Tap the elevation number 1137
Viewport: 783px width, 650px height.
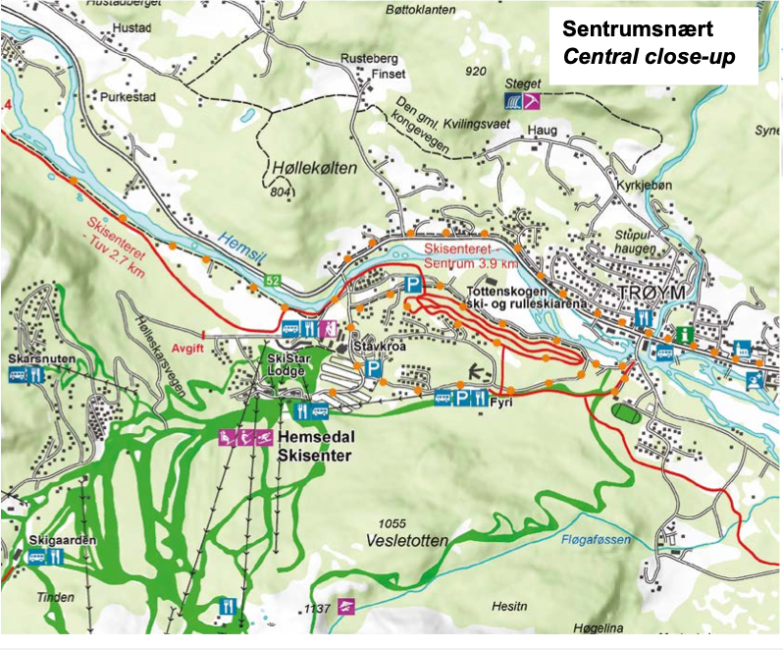click(x=316, y=610)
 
